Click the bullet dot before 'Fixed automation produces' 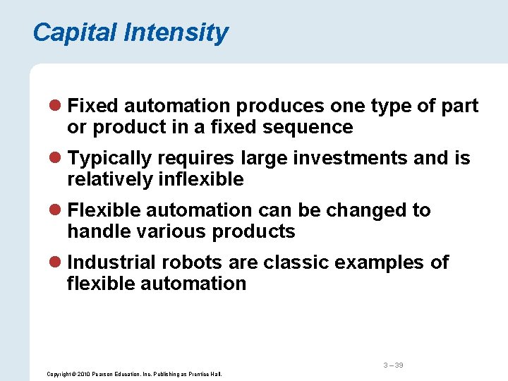[57, 107]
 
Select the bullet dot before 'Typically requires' [57, 159]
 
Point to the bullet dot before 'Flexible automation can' [57, 211]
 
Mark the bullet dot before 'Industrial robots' [57, 263]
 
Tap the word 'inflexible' [198, 179]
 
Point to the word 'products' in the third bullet [253, 231]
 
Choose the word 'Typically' [111, 158]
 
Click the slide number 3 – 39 [393, 365]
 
